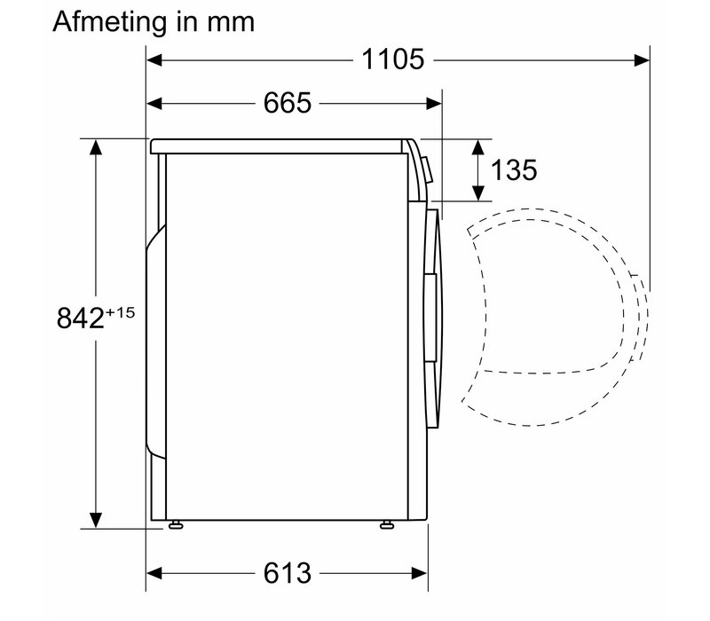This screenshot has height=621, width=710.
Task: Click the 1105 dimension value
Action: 393,59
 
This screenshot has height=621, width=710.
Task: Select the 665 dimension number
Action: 288,103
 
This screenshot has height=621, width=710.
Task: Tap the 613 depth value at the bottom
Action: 288,573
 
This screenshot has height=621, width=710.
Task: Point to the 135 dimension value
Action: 514,170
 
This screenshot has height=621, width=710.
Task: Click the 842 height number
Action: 81,318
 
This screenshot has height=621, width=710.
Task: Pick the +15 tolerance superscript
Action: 121,313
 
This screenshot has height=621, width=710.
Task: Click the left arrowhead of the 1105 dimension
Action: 154,59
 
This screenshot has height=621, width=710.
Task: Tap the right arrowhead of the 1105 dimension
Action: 642,59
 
